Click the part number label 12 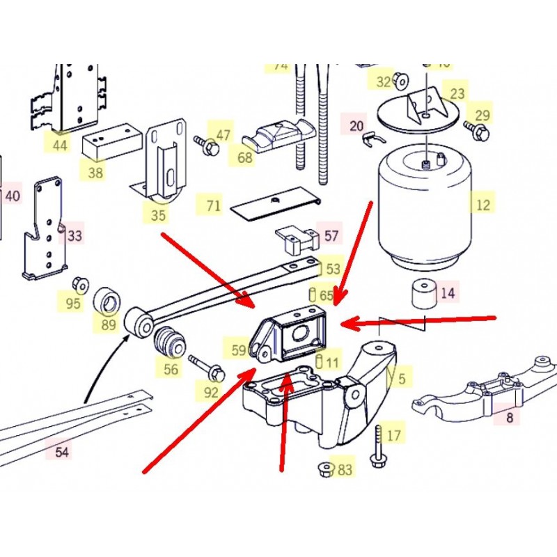pyautogui.click(x=483, y=205)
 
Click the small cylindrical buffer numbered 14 pyautogui.click(x=420, y=294)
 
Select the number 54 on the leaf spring pyautogui.click(x=62, y=452)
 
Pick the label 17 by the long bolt pyautogui.click(x=394, y=436)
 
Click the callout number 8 pyautogui.click(x=510, y=417)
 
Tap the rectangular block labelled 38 pyautogui.click(x=111, y=142)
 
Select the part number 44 pyautogui.click(x=60, y=145)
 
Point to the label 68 pyautogui.click(x=245, y=158)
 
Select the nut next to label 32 pyautogui.click(x=401, y=81)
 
